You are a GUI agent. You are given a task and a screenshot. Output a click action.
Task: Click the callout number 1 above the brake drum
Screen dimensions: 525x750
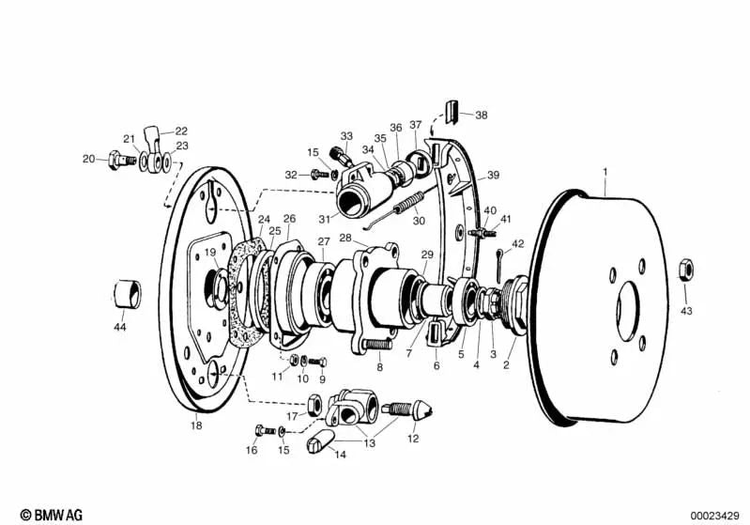[605, 172]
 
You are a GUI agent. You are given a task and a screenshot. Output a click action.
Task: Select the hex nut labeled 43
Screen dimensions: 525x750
[686, 270]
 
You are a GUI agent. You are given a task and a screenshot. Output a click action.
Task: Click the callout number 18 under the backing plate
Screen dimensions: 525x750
[195, 425]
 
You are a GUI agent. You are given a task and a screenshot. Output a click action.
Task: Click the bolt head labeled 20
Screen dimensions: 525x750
[115, 160]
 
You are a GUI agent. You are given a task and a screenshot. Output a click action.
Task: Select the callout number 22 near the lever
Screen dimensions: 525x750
[181, 131]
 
